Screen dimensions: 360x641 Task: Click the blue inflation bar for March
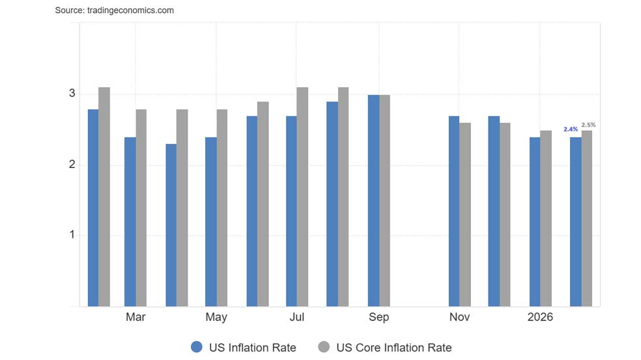[130, 221]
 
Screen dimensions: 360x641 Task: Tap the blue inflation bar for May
[210, 221]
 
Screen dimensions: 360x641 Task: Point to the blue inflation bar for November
[454, 211]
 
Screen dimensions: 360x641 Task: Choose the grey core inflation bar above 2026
[546, 218]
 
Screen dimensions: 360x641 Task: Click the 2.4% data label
[571, 130]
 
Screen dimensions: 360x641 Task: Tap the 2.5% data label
[588, 124]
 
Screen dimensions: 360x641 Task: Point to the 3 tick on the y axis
[72, 94]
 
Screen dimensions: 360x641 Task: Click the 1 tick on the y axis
[72, 235]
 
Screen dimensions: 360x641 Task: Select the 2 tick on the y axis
[72, 165]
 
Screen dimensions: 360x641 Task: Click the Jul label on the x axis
[296, 317]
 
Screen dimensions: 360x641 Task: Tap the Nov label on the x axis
[459, 317]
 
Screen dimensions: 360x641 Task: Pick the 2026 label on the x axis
[540, 317]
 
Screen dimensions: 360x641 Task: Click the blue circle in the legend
[197, 347]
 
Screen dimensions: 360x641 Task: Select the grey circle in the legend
[324, 347]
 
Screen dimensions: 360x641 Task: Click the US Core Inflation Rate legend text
[393, 347]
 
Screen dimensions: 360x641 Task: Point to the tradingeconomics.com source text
[114, 10]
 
